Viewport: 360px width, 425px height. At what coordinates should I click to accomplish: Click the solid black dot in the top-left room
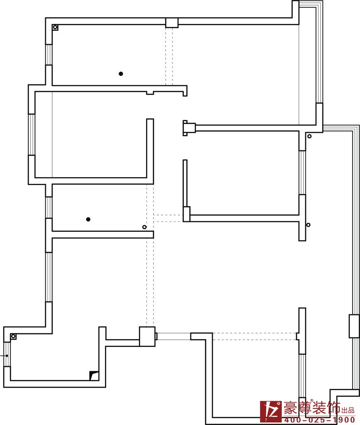[121, 74]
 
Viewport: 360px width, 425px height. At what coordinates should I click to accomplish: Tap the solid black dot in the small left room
[88, 219]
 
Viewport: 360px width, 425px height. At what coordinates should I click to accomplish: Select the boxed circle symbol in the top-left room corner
[55, 27]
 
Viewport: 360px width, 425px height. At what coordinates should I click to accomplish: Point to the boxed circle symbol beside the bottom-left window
[13, 336]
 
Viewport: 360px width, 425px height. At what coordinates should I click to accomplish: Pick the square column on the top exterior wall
[172, 23]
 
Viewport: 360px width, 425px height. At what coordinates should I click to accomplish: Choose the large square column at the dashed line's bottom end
[147, 336]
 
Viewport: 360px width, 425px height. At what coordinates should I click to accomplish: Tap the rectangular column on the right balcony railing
[354, 326]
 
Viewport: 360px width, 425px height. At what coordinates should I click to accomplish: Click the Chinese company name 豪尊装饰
[312, 408]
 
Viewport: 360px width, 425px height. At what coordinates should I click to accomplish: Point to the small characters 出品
[348, 410]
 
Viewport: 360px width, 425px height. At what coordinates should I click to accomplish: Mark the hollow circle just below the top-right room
[309, 136]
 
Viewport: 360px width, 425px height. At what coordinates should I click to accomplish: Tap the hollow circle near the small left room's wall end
[144, 227]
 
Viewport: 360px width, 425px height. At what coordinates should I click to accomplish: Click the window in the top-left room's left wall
[49, 54]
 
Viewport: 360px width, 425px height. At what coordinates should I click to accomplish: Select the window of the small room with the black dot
[49, 208]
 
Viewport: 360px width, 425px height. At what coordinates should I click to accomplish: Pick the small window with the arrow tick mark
[7, 354]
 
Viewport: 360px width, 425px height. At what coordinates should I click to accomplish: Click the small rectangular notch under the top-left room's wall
[150, 93]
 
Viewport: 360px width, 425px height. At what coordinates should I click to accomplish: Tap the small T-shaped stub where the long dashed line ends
[298, 336]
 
